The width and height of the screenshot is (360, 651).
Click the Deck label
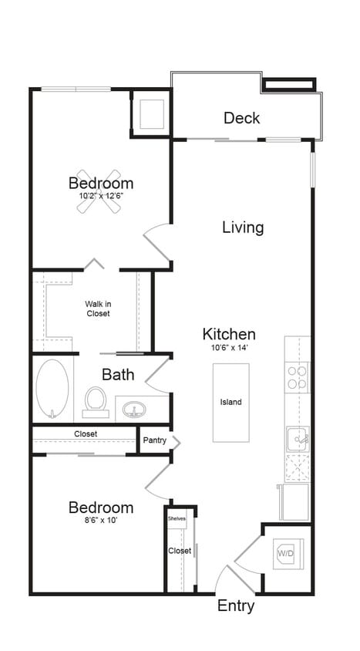[241, 118]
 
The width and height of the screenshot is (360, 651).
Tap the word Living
[243, 228]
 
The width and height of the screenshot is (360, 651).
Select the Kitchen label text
[229, 334]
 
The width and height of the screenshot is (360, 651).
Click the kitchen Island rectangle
[231, 402]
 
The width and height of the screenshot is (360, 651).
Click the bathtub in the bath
[52, 390]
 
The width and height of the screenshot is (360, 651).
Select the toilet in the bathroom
[96, 401]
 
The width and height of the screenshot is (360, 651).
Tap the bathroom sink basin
[134, 409]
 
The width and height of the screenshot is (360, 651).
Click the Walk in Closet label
[97, 309]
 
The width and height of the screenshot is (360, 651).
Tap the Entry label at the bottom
[236, 606]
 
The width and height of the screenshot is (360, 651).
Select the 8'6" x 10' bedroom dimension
[100, 520]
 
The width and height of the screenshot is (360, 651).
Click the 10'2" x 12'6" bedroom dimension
[101, 196]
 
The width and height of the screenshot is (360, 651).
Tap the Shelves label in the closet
[177, 519]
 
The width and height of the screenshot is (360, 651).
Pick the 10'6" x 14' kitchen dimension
[229, 348]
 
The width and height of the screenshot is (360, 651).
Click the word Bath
[118, 375]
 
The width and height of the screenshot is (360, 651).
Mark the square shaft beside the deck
[151, 113]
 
